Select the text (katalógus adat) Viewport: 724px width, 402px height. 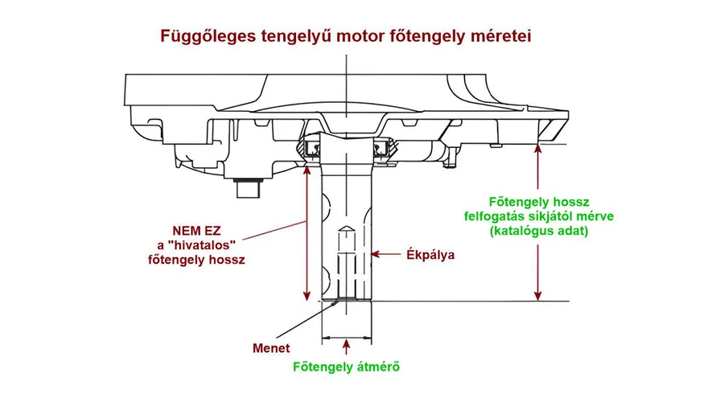(538, 232)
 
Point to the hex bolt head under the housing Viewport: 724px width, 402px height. (246, 189)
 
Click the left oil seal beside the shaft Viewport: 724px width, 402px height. (311, 148)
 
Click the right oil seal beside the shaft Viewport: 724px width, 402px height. (383, 148)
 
